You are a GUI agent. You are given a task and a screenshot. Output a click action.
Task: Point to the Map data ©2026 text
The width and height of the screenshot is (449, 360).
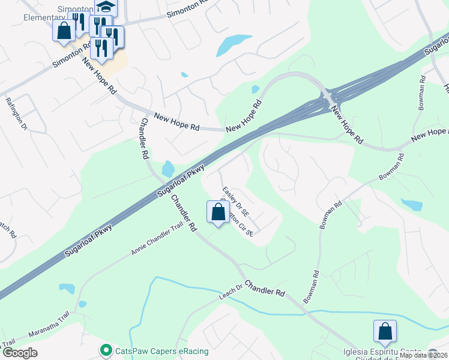[423, 355]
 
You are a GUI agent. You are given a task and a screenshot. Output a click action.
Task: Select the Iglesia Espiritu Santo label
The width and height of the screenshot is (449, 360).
[384, 352]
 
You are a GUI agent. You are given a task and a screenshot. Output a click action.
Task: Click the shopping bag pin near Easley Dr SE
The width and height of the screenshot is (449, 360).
[218, 212]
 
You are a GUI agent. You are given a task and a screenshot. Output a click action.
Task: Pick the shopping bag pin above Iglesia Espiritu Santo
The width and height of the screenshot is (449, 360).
[385, 332]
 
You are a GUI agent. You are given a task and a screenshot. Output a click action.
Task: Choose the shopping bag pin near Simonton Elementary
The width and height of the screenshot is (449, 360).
[64, 31]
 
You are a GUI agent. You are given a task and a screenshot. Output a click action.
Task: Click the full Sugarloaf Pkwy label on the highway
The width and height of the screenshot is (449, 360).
[182, 179]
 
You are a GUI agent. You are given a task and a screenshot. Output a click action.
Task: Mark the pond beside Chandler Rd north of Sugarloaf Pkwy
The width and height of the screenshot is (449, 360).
[168, 169]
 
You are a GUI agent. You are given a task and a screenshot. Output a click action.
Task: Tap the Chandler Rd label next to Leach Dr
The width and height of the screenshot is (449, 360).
[264, 287]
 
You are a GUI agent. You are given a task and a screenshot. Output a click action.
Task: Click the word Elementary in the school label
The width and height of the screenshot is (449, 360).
[23, 17]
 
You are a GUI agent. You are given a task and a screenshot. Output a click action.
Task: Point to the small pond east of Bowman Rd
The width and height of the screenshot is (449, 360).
[412, 205]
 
